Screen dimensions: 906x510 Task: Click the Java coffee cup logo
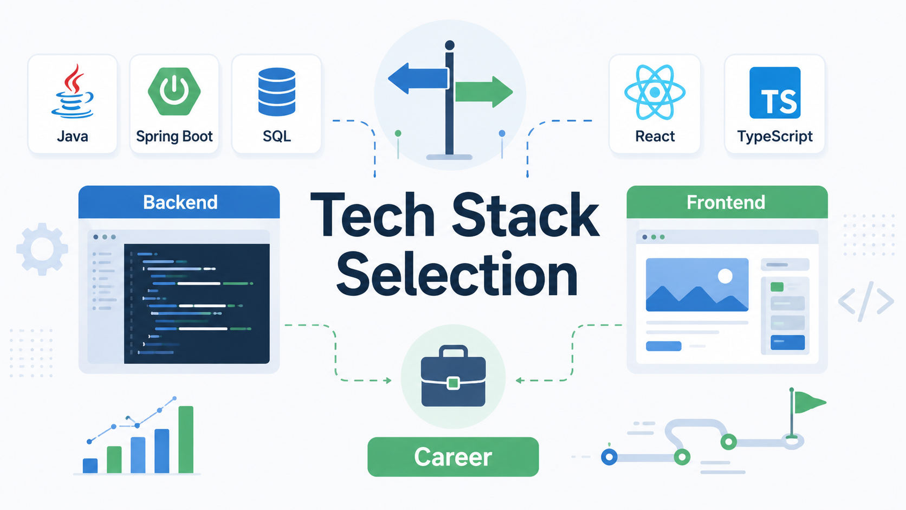point(73,92)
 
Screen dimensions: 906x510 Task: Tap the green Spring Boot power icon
point(174,92)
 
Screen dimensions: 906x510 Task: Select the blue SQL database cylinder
point(277,92)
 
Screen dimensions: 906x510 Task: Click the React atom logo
point(655,93)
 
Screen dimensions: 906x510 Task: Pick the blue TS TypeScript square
point(775,93)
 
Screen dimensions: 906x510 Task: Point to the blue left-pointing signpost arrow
point(418,79)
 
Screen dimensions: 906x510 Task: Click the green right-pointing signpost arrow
point(484,92)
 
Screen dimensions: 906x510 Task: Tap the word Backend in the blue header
point(180,202)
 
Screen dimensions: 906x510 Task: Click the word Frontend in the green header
point(726,202)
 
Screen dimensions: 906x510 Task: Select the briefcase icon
point(454,376)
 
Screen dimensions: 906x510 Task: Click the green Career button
point(453,456)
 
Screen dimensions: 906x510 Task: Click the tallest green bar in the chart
point(186,440)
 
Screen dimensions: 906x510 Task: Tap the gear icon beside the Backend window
point(42,249)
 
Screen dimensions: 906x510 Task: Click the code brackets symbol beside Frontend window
point(866,301)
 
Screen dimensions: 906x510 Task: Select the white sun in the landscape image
point(725,276)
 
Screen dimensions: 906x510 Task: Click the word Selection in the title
point(457,274)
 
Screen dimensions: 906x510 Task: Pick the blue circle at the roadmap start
point(609,457)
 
